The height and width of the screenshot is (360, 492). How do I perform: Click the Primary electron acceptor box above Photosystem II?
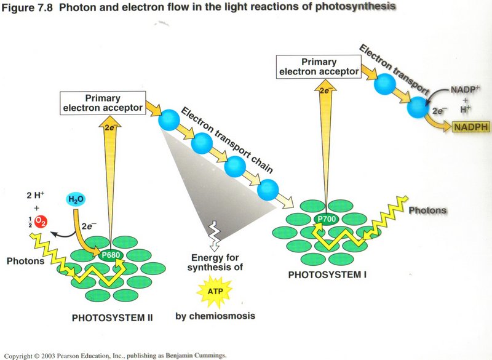pyautogui.click(x=102, y=103)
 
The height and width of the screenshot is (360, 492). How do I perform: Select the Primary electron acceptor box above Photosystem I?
pyautogui.click(x=319, y=66)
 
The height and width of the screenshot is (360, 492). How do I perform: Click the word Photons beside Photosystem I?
pyautogui.click(x=427, y=210)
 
